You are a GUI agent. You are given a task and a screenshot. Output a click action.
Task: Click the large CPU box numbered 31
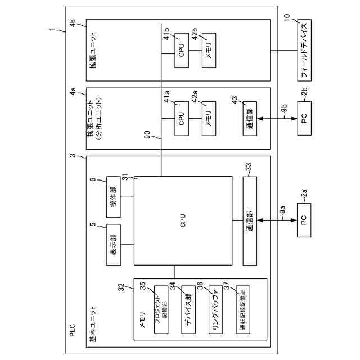(x=183, y=220)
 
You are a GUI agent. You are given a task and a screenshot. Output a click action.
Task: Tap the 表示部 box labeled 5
(x=114, y=244)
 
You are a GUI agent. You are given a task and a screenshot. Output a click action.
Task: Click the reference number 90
(x=147, y=136)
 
